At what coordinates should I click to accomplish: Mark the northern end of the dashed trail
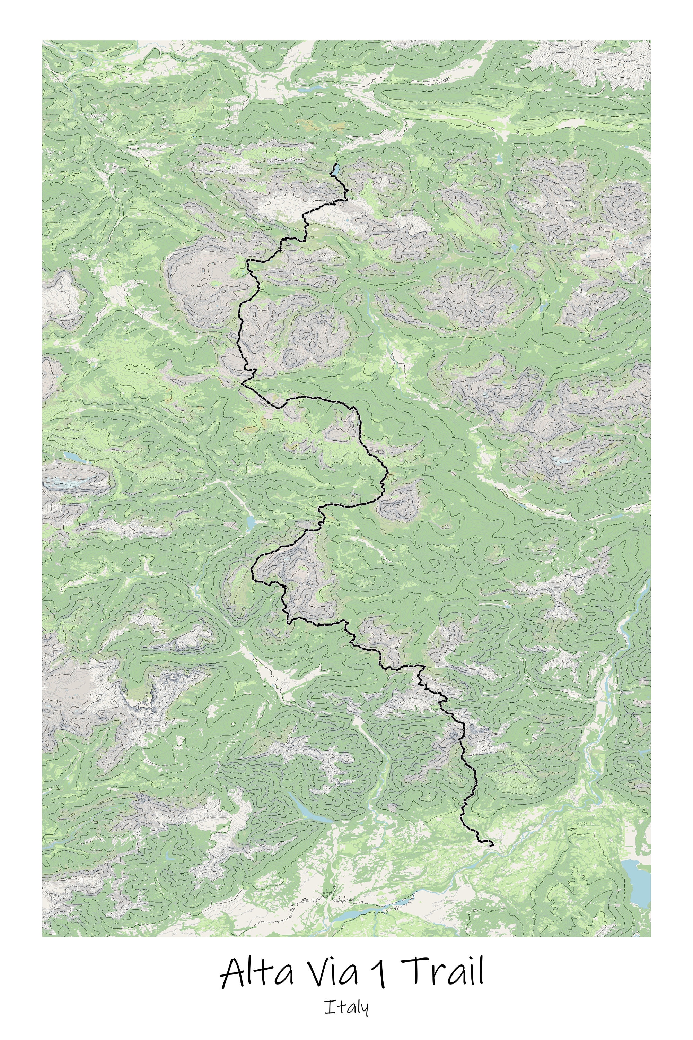(x=336, y=164)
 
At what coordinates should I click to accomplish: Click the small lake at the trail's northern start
(x=336, y=170)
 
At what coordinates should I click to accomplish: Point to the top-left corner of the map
(x=42, y=41)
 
